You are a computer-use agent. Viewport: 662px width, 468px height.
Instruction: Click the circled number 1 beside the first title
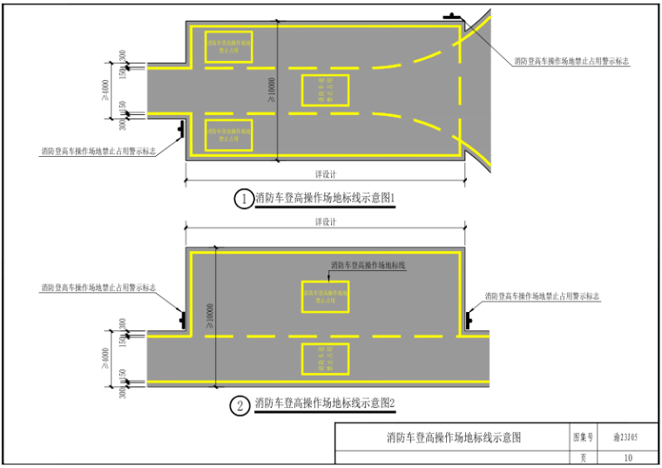pos(243,199)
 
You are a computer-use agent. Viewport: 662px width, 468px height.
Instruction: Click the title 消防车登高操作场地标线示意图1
pos(325,199)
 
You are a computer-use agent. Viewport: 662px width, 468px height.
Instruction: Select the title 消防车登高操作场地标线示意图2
pos(325,404)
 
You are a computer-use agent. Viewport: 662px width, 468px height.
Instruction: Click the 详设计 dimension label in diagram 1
pos(325,173)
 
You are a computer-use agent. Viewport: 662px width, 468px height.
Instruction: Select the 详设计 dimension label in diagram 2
pos(325,222)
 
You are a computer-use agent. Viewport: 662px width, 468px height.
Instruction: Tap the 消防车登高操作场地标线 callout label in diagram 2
pos(370,264)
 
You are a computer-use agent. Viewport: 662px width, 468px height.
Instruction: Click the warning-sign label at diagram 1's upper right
pos(571,62)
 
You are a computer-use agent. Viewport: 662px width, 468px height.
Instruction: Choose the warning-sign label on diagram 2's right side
pos(542,297)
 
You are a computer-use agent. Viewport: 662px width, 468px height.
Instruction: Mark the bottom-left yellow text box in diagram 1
pos(229,134)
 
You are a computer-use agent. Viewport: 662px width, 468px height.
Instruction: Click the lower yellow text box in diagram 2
pos(325,359)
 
